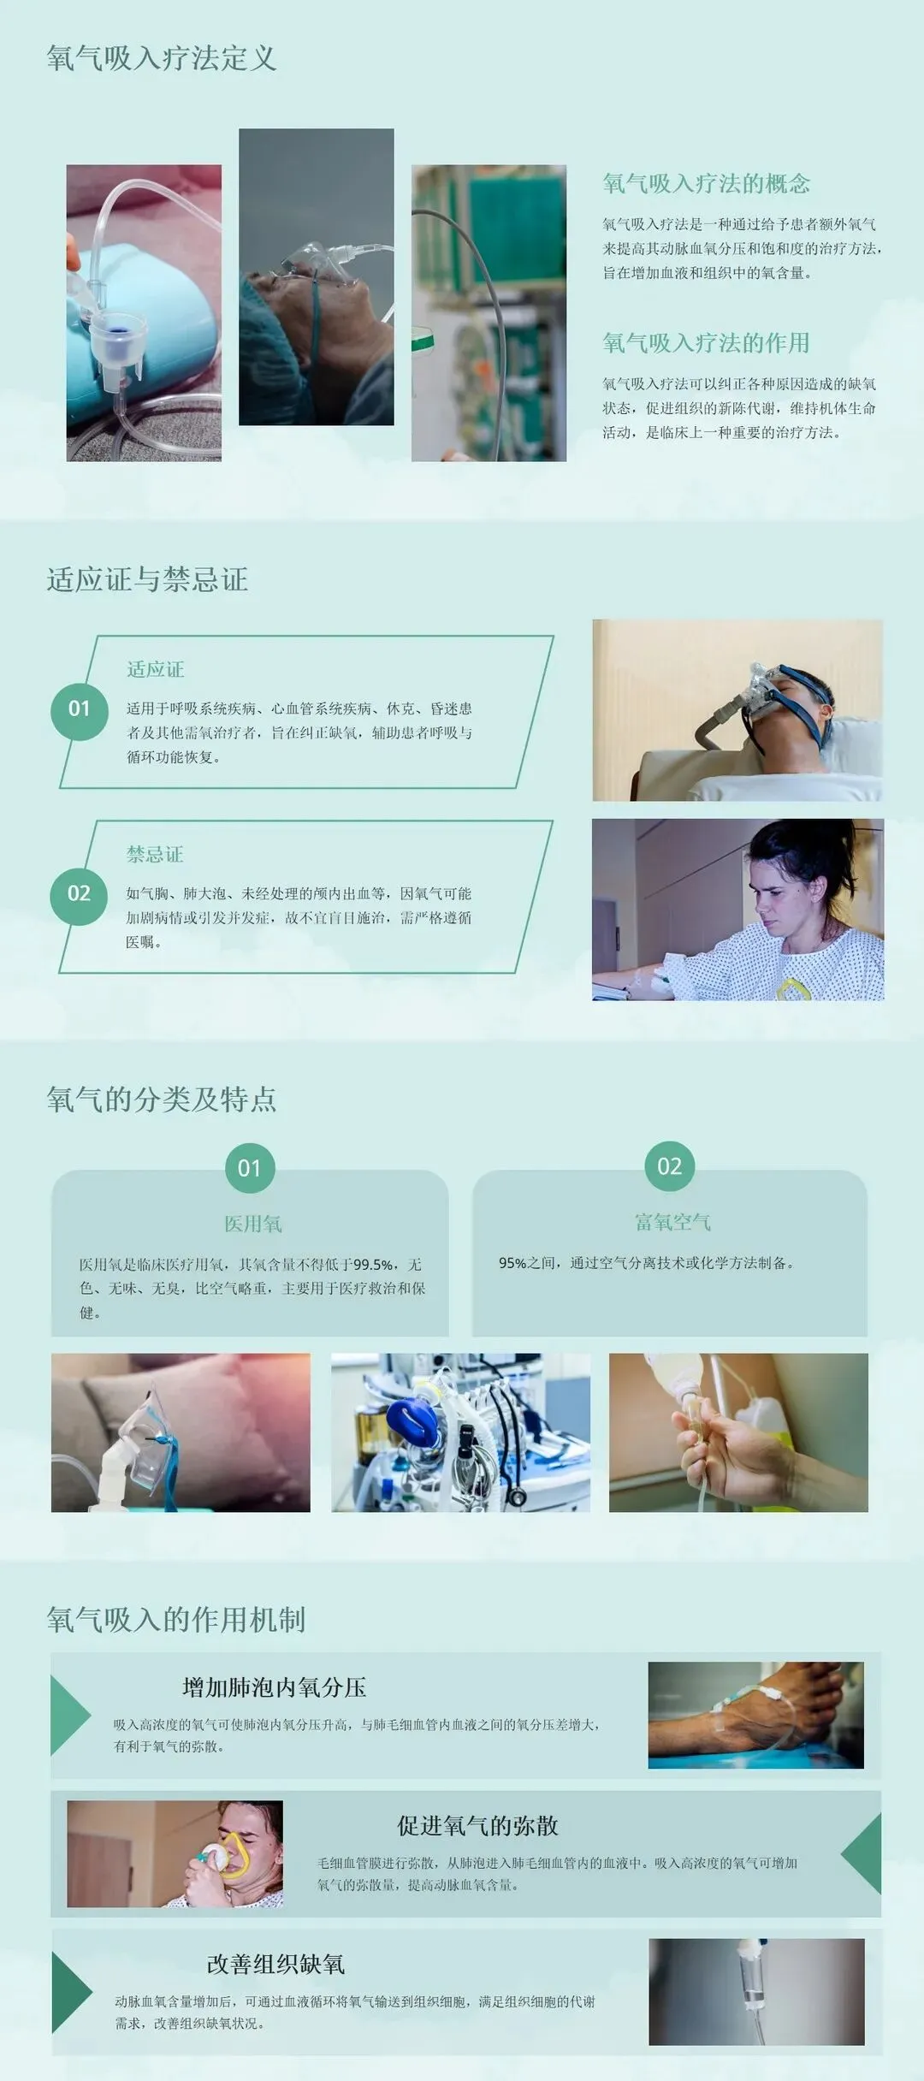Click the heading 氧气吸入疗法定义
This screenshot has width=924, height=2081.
(162, 58)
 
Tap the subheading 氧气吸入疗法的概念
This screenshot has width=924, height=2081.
(706, 183)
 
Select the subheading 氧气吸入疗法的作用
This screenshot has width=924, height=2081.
(706, 343)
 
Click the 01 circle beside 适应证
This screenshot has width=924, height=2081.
(79, 708)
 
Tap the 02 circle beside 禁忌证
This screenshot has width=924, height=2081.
(79, 893)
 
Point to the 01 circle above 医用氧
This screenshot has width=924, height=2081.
(250, 1168)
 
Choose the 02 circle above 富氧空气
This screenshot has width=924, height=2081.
(670, 1166)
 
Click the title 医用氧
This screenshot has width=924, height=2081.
(253, 1224)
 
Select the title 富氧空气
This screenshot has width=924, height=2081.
(672, 1222)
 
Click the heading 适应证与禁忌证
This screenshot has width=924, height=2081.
(147, 579)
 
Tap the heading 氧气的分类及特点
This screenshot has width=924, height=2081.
(162, 1099)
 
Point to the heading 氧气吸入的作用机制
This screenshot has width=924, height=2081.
(176, 1619)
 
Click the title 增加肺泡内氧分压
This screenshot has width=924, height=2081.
(275, 1687)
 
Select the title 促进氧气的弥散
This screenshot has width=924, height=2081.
(477, 1826)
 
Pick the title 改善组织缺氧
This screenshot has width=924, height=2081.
(275, 1964)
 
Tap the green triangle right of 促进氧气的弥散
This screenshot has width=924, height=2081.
(862, 1853)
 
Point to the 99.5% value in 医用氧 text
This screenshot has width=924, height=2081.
(374, 1264)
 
